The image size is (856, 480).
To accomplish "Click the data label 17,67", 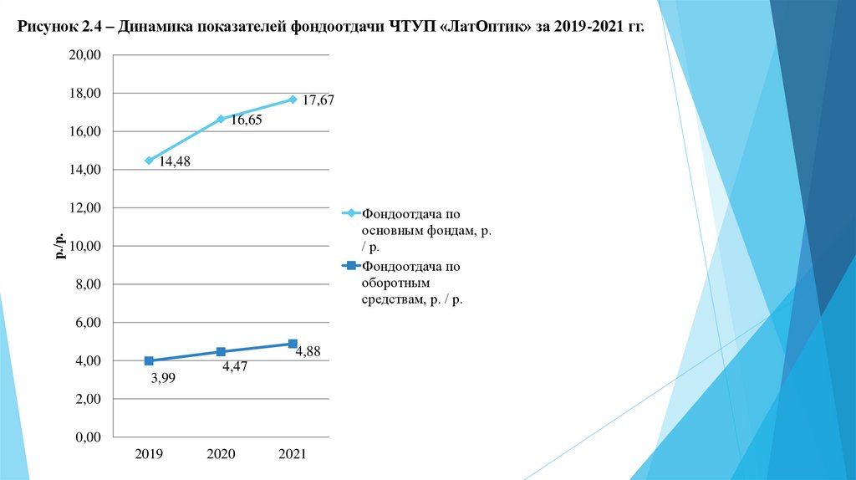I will click(318, 101).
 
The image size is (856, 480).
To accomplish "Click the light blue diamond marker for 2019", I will click(149, 160).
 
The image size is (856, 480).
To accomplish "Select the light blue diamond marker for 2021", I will click(293, 99).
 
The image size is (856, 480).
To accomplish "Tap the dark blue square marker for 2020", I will click(221, 351).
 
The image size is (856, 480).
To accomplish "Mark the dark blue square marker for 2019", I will click(149, 360).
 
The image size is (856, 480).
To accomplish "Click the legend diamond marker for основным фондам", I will click(351, 214).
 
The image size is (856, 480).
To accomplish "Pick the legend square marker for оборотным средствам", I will click(351, 267).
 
